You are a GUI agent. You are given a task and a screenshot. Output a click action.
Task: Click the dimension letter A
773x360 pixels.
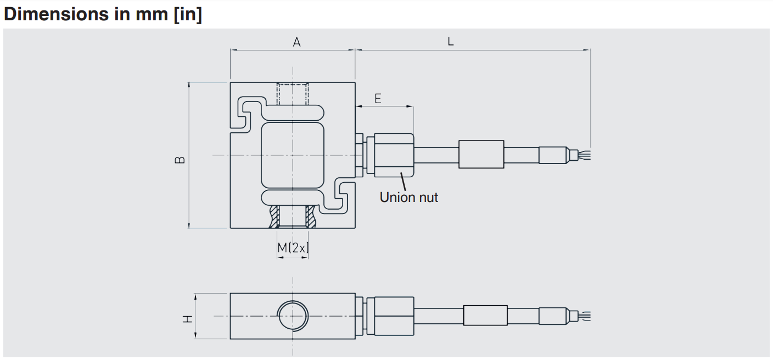(x=297, y=42)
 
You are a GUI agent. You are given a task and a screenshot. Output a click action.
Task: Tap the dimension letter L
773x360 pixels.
(x=450, y=42)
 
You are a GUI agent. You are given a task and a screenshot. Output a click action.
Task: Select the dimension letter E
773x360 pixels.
(x=378, y=99)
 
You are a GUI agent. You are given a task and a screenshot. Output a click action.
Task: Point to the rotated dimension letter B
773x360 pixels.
(x=180, y=160)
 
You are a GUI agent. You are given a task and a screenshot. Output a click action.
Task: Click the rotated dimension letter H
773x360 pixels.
(x=187, y=319)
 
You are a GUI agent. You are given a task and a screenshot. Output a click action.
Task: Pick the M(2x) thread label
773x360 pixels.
(x=293, y=248)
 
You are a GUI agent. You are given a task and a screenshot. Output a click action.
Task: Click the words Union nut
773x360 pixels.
(x=408, y=198)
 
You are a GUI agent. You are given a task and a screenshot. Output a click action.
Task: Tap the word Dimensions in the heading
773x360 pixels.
(x=56, y=14)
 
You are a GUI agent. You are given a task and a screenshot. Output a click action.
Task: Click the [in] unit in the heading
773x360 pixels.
(x=188, y=14)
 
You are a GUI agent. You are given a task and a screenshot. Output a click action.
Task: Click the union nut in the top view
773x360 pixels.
(x=394, y=155)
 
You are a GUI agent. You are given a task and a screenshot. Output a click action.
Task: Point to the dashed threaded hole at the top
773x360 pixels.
(x=292, y=94)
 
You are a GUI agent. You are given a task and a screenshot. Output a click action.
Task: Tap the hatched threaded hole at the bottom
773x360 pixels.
(x=292, y=217)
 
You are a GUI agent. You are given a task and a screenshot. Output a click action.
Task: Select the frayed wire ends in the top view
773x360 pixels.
(x=585, y=155)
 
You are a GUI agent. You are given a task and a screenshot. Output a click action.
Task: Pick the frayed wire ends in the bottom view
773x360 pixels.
(x=585, y=316)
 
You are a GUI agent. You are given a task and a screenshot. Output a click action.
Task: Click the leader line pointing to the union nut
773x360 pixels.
(x=403, y=182)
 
